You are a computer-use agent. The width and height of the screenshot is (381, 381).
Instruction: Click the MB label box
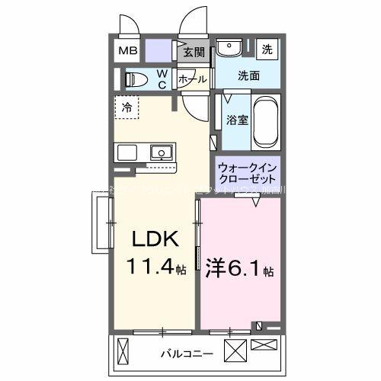pyautogui.click(x=127, y=52)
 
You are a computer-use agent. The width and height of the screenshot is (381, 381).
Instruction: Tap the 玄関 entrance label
pyautogui.click(x=194, y=53)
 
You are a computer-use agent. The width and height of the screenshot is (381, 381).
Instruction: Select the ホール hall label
pyautogui.click(x=190, y=79)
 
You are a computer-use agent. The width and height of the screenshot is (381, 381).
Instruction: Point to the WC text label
pyautogui.click(x=162, y=79)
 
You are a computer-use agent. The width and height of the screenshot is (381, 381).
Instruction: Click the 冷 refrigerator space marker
pyautogui.click(x=126, y=107)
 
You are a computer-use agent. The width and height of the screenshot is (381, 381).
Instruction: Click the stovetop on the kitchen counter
pyautogui.click(x=126, y=152)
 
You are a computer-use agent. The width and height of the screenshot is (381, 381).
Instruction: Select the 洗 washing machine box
pyautogui.click(x=267, y=49)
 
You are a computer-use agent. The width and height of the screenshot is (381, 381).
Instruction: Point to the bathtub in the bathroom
pyautogui.click(x=266, y=123)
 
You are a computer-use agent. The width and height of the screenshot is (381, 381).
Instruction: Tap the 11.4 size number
pyautogui.click(x=150, y=268)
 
